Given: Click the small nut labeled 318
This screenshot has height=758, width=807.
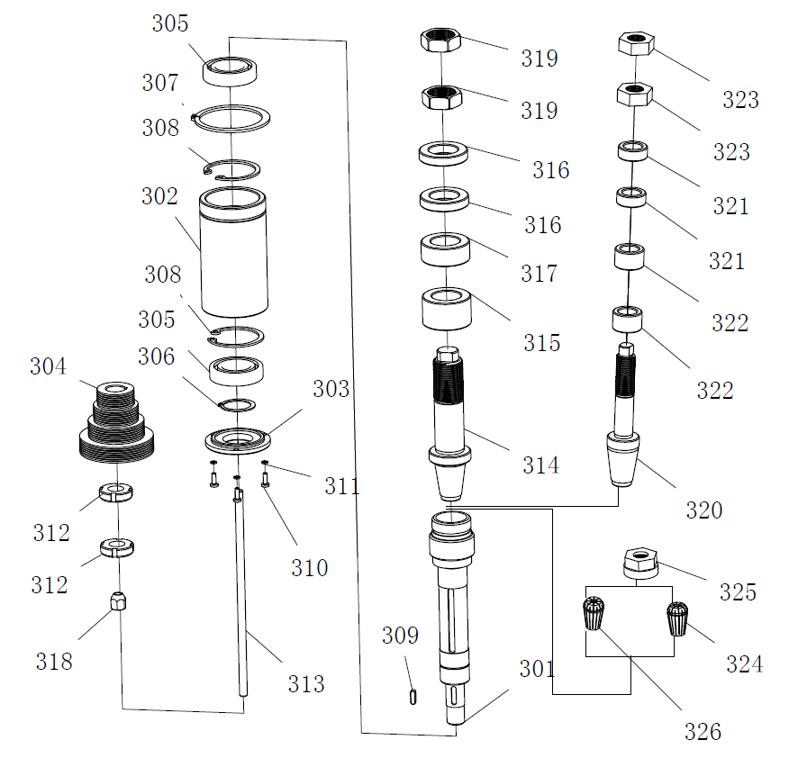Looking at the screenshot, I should (118, 600).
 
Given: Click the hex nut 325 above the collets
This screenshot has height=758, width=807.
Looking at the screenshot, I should (639, 563).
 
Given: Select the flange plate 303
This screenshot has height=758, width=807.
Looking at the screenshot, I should (236, 441).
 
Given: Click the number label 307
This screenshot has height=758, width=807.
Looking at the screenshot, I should (160, 83).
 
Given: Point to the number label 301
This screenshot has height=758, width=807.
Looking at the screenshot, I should (537, 669).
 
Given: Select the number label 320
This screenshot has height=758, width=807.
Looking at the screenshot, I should (704, 510).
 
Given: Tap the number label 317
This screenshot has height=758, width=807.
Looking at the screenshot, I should (540, 273).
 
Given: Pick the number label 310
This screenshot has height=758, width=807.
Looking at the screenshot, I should (309, 568).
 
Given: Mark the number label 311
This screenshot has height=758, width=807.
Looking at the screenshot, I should (342, 487).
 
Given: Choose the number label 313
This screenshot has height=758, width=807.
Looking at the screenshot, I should (306, 684).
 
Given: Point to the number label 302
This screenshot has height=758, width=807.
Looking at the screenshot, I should (160, 197).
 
